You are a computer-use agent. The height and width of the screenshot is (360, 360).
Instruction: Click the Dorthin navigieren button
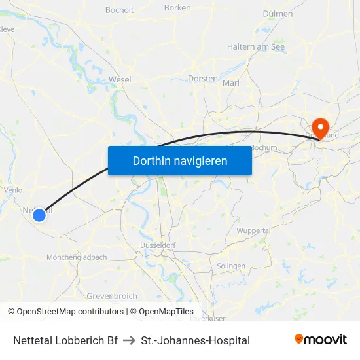click(179, 160)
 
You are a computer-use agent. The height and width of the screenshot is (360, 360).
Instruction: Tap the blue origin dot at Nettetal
click(39, 214)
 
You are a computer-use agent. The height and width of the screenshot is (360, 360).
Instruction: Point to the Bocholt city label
click(119, 10)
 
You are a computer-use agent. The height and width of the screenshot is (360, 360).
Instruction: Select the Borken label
click(178, 8)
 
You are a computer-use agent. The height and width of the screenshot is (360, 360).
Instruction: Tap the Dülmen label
click(277, 13)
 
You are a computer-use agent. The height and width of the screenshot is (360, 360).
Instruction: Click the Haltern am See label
click(255, 46)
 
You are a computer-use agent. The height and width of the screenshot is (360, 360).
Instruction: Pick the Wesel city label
click(120, 79)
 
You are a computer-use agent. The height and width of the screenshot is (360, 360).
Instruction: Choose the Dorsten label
click(202, 79)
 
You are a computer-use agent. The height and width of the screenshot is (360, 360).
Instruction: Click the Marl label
click(231, 83)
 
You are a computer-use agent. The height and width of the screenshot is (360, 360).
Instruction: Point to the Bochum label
click(264, 148)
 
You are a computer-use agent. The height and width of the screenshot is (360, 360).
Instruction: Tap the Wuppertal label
click(253, 231)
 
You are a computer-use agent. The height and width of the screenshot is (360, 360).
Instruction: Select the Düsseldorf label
click(158, 245)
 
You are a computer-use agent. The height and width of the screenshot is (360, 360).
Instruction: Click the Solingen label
click(230, 266)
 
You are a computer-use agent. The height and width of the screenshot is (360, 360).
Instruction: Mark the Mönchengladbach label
click(77, 257)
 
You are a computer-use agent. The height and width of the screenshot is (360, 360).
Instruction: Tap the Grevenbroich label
click(112, 297)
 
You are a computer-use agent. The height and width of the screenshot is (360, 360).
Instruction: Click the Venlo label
click(13, 190)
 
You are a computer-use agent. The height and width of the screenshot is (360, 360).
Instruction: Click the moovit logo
click(321, 340)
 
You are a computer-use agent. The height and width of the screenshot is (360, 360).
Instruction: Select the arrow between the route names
click(129, 340)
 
